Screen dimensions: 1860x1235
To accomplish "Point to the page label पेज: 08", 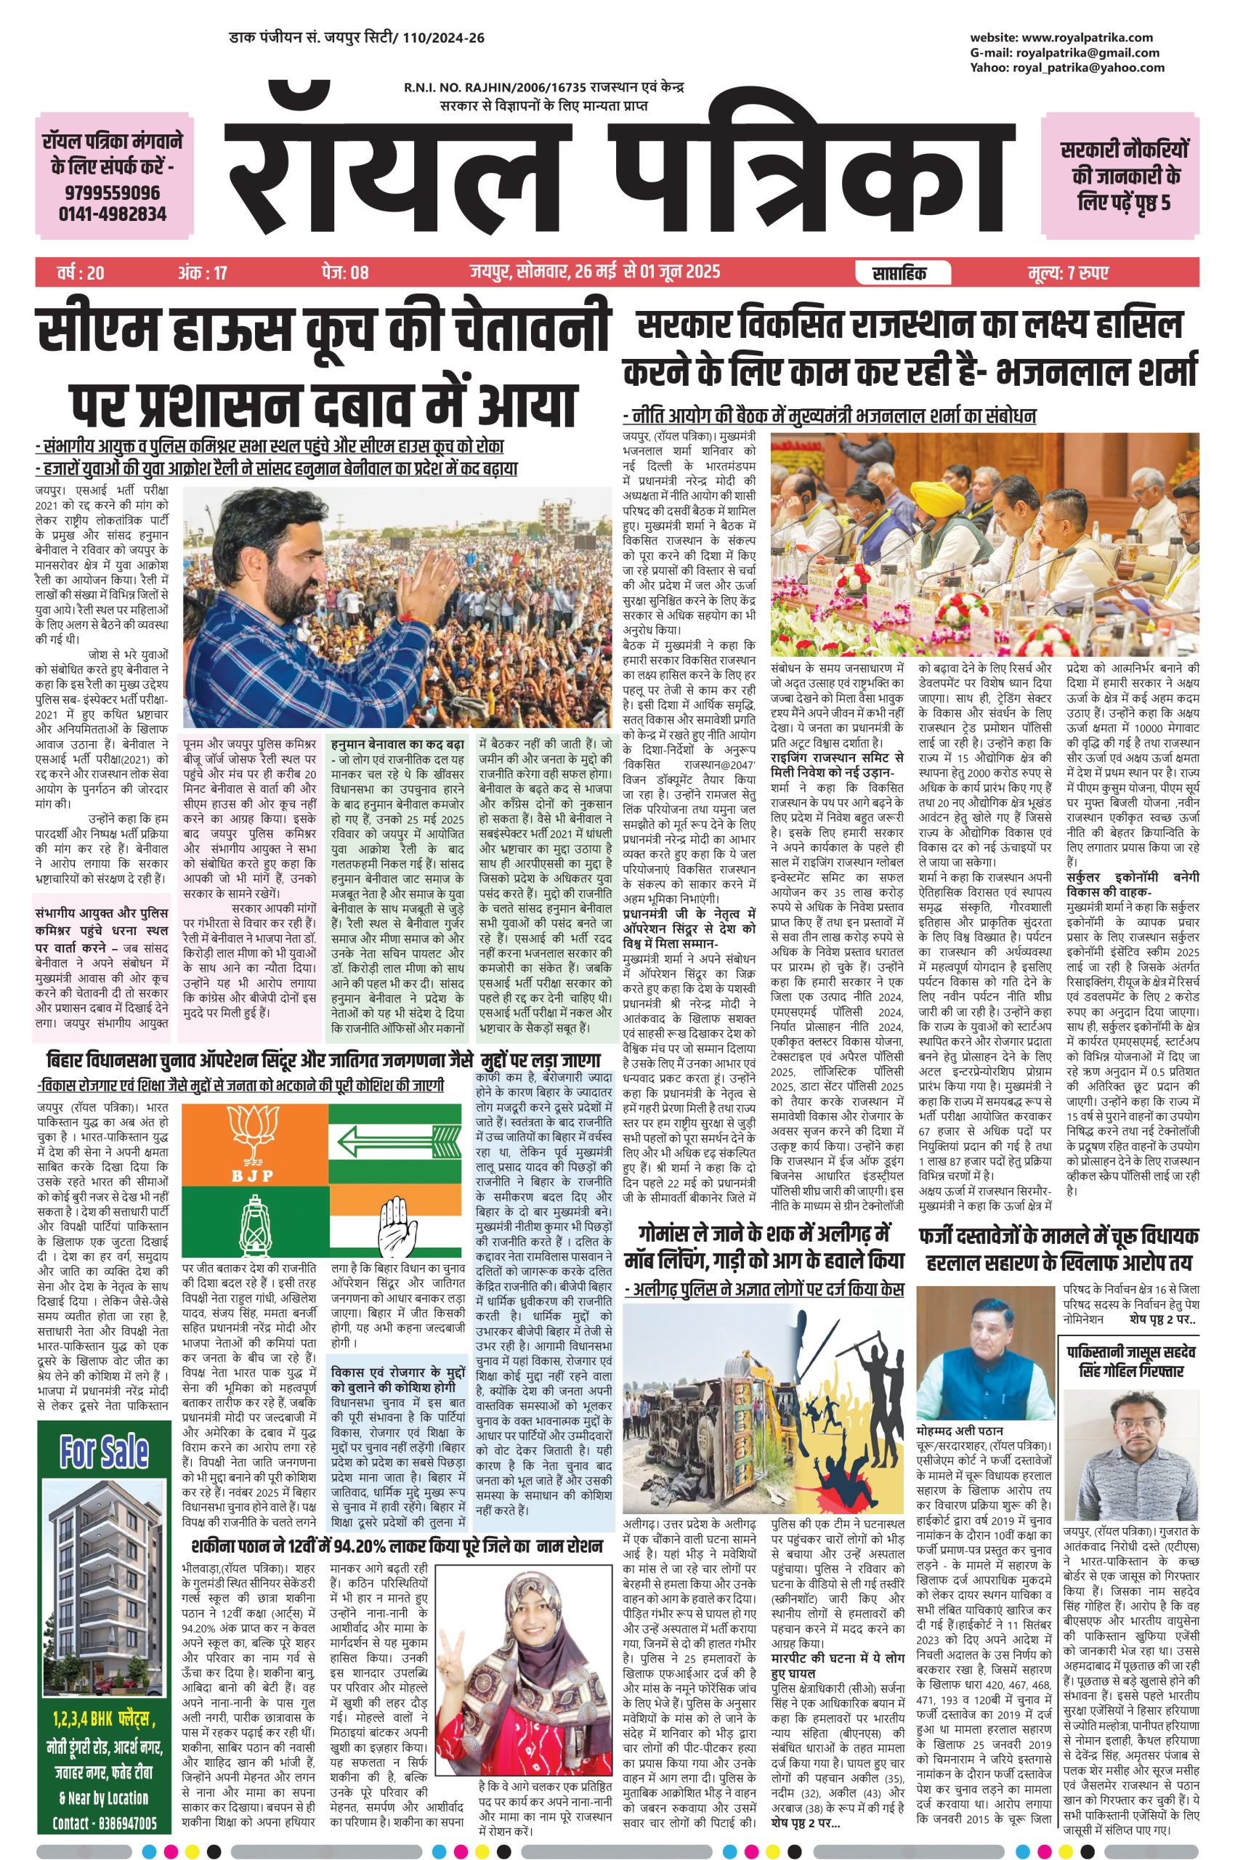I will pos(344,273).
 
